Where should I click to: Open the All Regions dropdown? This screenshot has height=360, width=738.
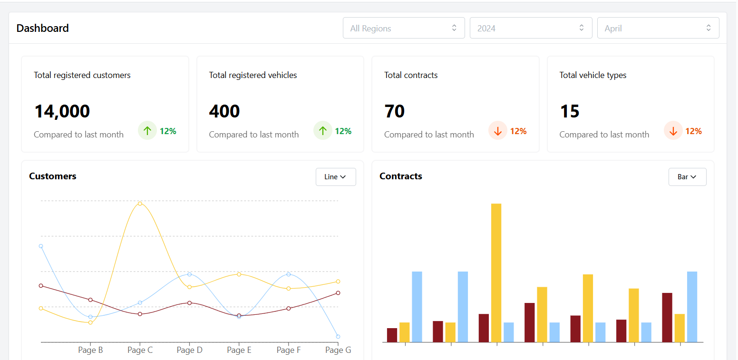click(x=403, y=28)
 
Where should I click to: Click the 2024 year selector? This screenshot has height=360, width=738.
click(x=531, y=28)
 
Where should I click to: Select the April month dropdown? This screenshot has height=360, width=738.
click(x=658, y=28)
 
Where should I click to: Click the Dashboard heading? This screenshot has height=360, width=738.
click(x=43, y=28)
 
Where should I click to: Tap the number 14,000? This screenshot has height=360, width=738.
click(x=62, y=111)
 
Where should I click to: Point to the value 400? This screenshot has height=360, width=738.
click(x=224, y=111)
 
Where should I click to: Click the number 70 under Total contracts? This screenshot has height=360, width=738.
click(x=394, y=111)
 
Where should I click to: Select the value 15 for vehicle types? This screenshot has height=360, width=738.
click(x=569, y=111)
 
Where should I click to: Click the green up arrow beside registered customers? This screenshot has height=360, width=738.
click(x=147, y=131)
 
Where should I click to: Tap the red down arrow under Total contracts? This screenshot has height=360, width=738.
click(x=498, y=131)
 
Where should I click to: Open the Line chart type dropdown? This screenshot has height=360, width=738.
click(x=335, y=177)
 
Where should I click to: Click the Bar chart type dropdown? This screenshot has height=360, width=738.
click(x=687, y=177)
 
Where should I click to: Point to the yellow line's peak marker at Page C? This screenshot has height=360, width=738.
click(x=140, y=204)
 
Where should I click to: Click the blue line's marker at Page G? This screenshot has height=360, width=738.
click(x=338, y=337)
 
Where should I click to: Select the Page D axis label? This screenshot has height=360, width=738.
click(x=189, y=350)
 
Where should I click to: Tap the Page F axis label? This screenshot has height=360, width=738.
click(x=288, y=350)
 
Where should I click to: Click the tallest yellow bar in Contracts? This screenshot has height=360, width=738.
click(x=496, y=272)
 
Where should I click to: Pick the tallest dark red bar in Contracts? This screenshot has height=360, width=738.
click(x=667, y=317)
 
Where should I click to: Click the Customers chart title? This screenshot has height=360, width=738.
click(x=53, y=176)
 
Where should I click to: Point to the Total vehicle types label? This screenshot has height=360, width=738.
click(x=592, y=75)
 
